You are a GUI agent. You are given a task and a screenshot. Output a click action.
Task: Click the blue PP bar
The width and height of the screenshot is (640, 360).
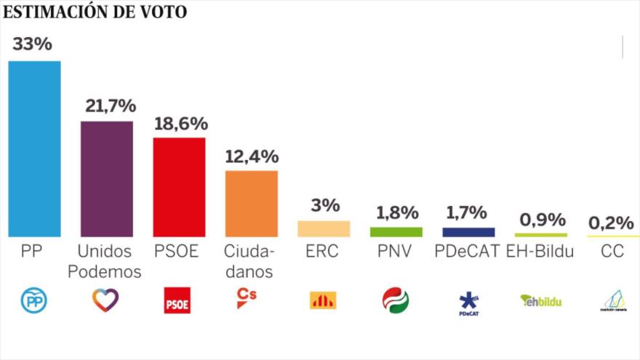[x=34, y=148]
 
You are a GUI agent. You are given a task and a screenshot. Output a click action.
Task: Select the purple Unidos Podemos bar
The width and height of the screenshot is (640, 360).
[x=106, y=178]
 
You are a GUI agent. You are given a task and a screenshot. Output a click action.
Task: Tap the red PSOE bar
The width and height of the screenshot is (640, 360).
[x=179, y=187]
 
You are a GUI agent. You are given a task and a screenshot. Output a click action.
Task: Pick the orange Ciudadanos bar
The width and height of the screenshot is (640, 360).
[x=251, y=204]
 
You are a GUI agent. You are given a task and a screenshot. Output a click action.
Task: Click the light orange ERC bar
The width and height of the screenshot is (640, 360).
[x=324, y=228]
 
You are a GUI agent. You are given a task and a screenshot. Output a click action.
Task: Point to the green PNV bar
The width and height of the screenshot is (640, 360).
[x=396, y=232]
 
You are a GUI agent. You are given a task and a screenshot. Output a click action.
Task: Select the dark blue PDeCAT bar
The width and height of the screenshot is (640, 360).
[x=468, y=232]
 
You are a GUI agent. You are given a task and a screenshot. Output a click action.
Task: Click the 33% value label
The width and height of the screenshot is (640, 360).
[x=32, y=44]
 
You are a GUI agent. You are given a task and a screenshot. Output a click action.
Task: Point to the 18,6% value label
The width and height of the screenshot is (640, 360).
[x=180, y=123]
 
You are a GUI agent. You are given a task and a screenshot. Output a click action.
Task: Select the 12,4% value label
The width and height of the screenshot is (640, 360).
[x=252, y=156]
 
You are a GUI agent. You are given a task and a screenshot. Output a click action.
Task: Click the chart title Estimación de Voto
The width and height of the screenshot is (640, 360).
[x=95, y=12]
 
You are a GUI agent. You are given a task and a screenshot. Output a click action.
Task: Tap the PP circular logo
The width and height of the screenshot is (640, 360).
[x=33, y=300]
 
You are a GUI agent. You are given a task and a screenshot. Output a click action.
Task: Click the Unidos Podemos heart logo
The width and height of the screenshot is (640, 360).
[x=105, y=300]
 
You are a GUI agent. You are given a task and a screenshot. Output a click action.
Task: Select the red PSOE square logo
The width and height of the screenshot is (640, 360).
[x=177, y=300]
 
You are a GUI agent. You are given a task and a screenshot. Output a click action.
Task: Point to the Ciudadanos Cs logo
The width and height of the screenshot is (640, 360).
[x=247, y=298]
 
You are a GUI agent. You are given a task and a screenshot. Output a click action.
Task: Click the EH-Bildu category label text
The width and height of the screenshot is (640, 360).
[x=542, y=252]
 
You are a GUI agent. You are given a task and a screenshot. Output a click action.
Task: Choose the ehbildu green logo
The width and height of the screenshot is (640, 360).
[x=540, y=300]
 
